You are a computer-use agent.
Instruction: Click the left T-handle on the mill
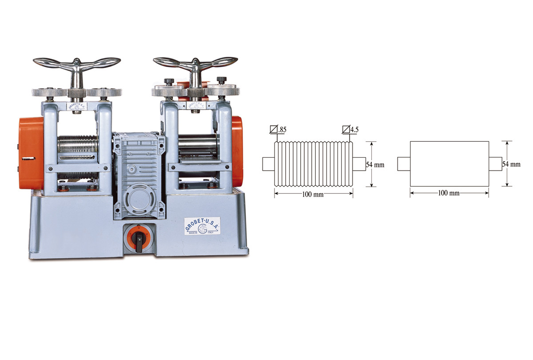click(77, 64)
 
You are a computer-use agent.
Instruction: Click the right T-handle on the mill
click(195, 64)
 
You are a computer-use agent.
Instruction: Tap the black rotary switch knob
click(139, 240)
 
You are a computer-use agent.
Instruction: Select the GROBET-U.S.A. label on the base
click(203, 225)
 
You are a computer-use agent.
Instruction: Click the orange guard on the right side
click(237, 151)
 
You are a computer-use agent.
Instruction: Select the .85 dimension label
click(281, 130)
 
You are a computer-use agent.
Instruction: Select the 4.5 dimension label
click(354, 130)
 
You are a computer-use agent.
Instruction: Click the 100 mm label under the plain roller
click(449, 193)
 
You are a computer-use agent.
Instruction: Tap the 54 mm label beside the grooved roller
click(375, 164)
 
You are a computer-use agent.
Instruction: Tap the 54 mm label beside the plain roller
click(511, 164)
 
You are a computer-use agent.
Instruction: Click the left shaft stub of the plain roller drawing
click(403, 164)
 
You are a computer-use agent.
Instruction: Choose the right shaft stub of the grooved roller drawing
click(359, 164)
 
